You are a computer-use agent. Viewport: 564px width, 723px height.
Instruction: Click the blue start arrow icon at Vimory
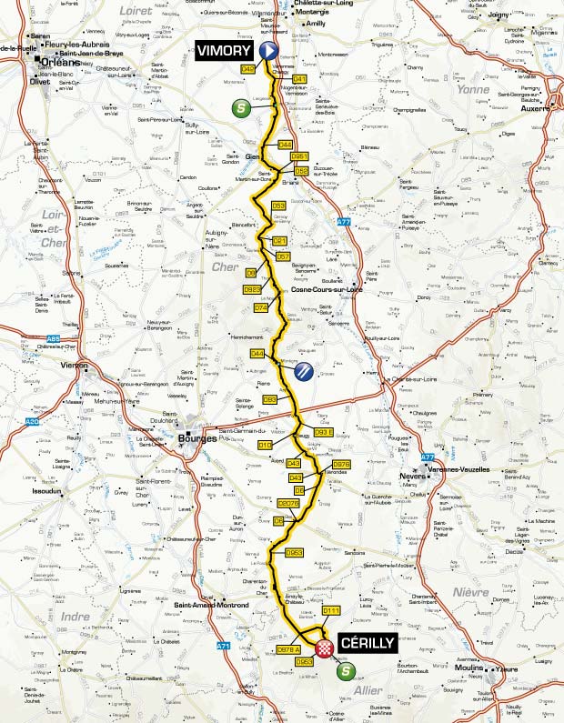pos(268,51)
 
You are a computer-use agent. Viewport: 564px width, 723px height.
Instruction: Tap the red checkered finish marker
pos(325,648)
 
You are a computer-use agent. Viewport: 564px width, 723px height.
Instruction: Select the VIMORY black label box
pos(224,51)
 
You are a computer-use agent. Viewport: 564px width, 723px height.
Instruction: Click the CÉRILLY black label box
pos(367,642)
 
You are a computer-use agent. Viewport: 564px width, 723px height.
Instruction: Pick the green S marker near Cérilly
pos(346,672)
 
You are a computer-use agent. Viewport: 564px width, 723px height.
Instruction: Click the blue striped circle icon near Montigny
pos(306,370)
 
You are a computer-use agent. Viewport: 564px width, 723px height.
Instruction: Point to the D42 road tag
pos(247,68)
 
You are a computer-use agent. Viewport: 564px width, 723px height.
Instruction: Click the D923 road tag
pos(254,289)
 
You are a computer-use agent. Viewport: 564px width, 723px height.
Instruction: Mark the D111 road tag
pos(330,610)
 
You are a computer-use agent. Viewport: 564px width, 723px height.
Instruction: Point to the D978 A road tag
pos(288,649)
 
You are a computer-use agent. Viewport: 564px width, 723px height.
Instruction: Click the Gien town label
pos(252,156)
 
